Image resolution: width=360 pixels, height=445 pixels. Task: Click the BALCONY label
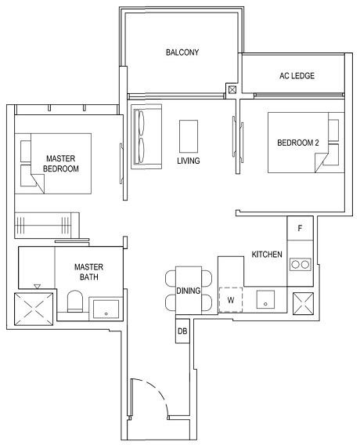[182, 52]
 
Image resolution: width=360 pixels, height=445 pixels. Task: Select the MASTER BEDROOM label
[61, 163]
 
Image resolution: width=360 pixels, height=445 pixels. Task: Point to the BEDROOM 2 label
[299, 143]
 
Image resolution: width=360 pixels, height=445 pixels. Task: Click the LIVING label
[188, 161]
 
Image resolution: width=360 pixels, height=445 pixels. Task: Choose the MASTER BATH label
[88, 272]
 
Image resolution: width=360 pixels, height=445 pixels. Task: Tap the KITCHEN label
[266, 255]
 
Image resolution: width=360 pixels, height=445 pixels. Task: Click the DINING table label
[189, 291]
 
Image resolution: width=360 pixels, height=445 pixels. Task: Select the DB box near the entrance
[182, 331]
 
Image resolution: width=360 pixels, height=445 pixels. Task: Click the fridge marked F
[300, 230]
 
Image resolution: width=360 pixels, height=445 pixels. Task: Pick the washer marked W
[231, 299]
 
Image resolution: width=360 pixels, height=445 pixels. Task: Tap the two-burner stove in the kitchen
[299, 265]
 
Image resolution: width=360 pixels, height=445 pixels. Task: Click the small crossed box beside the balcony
[232, 90]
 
